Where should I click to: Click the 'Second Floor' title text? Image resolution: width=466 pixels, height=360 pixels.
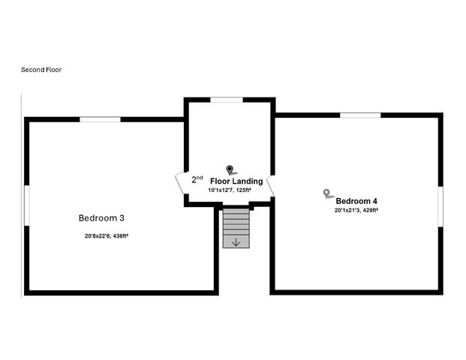(42, 70)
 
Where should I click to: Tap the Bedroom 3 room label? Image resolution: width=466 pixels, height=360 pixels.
(101, 218)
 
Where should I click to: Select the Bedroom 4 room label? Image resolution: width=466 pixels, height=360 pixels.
(356, 201)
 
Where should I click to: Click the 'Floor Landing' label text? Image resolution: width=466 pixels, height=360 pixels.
(236, 181)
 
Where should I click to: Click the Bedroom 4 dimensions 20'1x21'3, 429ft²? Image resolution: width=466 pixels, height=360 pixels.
(356, 211)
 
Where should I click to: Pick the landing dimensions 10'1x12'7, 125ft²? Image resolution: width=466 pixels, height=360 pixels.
(230, 190)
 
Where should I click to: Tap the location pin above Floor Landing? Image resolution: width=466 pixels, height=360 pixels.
(230, 169)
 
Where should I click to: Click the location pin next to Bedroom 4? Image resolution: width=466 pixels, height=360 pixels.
(327, 193)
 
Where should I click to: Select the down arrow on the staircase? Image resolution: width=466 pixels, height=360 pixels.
(236, 241)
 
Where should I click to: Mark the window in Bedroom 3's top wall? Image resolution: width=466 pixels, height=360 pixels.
(101, 119)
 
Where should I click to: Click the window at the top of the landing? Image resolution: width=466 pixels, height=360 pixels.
(226, 99)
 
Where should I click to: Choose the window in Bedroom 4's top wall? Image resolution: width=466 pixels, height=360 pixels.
(360, 115)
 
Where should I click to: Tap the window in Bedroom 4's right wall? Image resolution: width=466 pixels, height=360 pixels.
(441, 205)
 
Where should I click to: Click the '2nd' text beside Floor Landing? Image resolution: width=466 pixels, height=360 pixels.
(197, 180)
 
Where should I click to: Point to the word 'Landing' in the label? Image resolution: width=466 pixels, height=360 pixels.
(248, 181)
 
